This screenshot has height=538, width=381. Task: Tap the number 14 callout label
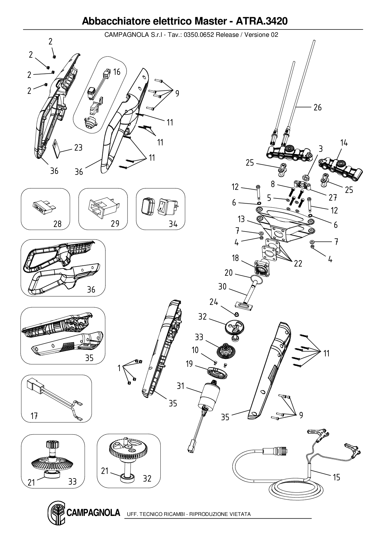point(344,143)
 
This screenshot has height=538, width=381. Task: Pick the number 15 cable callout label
point(336,477)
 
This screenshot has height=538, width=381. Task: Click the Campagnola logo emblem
point(56,513)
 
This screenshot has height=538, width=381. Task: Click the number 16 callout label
point(117,72)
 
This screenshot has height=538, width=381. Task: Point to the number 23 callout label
point(78,148)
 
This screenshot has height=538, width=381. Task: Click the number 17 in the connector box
point(34,416)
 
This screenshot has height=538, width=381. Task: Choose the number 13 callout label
point(241,219)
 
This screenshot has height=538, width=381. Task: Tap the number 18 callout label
point(235,258)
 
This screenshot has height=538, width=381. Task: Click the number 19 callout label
point(189,364)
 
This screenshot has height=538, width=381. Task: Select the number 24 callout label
point(214,302)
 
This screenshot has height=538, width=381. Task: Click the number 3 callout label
point(320,149)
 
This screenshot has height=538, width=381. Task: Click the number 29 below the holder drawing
point(115,223)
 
